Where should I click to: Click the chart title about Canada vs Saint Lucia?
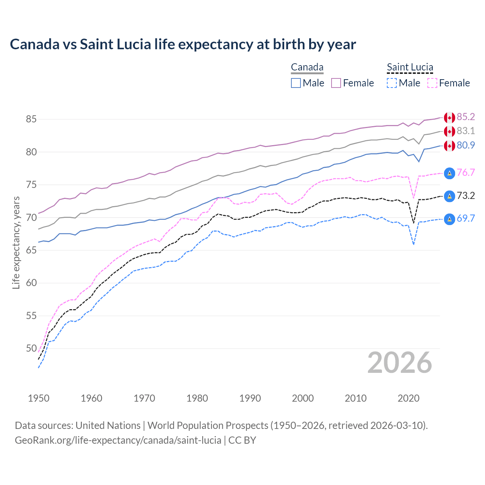coord(183,44)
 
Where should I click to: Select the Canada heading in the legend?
coord(307,67)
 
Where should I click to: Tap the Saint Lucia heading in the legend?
coord(410,67)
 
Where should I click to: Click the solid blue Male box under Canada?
coord(296,83)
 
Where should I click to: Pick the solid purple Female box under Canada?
coord(336,83)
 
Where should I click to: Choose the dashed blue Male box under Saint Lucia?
coord(392,83)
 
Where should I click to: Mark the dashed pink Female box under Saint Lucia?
coord(432,83)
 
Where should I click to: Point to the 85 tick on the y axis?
coord(31,119)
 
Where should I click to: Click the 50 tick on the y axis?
coord(31,348)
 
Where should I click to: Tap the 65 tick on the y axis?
coord(31,250)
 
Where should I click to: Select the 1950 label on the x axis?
coord(39,398)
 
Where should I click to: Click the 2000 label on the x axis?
coord(303,398)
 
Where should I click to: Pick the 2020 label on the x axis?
coord(408,398)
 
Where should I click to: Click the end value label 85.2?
coord(466,117)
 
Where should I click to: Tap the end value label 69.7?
coord(466,218)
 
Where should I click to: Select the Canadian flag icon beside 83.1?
coord(449,131)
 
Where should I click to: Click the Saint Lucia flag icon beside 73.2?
coord(449,196)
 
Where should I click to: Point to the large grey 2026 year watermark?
coord(399,363)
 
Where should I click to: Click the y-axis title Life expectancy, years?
coord(16,242)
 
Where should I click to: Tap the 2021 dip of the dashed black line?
coord(413,223)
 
